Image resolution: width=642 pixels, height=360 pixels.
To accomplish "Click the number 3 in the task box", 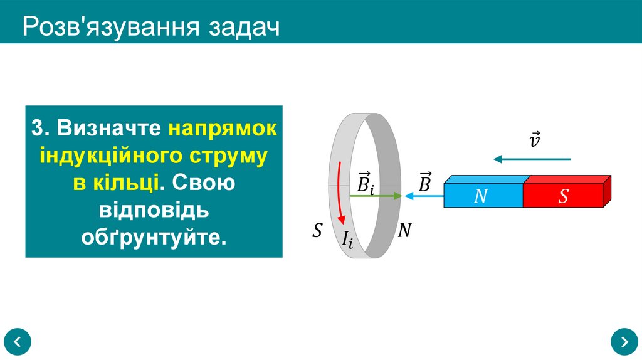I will [x=38, y=128].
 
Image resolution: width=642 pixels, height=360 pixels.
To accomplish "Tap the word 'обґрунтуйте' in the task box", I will [x=153, y=238].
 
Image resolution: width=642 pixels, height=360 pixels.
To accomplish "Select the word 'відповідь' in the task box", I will [x=154, y=210].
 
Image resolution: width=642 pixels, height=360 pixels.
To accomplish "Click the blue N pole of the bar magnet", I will [x=481, y=196].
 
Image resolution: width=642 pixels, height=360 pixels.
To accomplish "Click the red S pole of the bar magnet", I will [x=562, y=196].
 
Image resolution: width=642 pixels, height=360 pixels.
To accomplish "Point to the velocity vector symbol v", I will [x=535, y=139].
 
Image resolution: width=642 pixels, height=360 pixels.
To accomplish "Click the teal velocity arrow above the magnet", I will [x=532, y=159].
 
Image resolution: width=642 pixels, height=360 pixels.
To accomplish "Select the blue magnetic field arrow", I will [x=424, y=196].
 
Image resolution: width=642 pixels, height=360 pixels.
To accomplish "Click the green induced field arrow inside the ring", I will [x=375, y=196].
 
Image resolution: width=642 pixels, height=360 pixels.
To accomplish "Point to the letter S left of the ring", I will [x=317, y=231].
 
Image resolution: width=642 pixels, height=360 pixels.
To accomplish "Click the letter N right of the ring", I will [x=404, y=231].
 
